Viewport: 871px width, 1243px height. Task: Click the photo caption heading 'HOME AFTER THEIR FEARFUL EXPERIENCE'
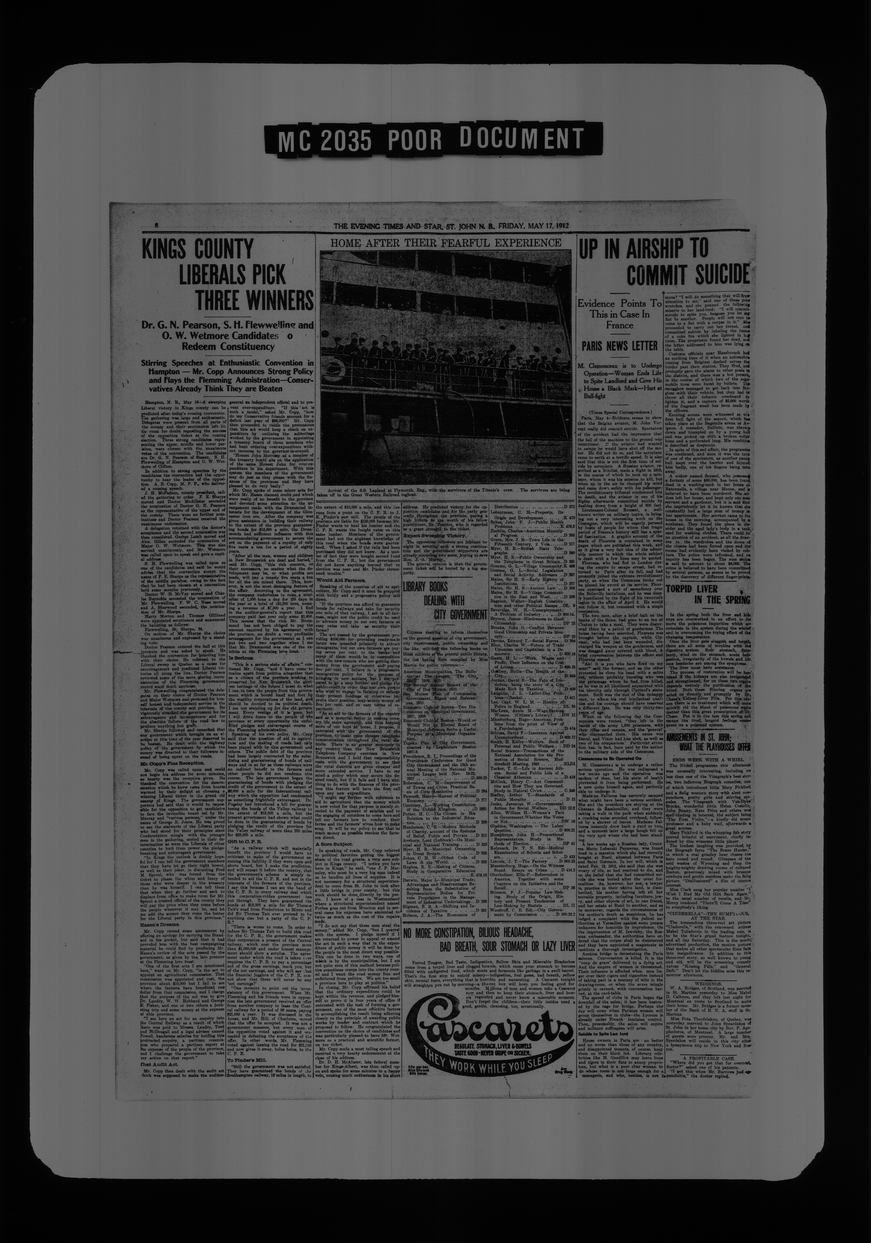point(446,243)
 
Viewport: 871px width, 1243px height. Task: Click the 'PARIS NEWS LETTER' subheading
point(620,345)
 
